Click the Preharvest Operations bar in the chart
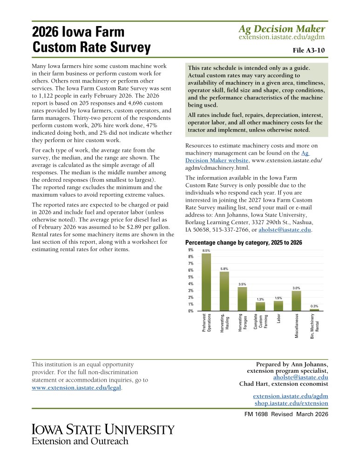(206, 282)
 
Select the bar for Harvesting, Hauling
(224, 291)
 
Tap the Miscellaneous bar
(297, 301)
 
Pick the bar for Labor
(278, 306)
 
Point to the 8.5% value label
(206, 251)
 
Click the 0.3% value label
(314, 306)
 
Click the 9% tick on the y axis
(191, 250)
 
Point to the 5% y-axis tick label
(191, 277)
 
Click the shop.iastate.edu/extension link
(291, 403)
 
